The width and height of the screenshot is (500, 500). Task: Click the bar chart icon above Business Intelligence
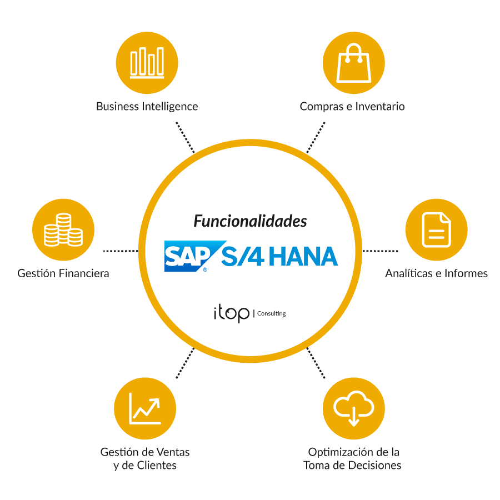pyautogui.click(x=147, y=62)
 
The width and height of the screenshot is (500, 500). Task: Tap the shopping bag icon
pyautogui.click(x=354, y=63)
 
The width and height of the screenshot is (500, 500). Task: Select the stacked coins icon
pyautogui.click(x=63, y=229)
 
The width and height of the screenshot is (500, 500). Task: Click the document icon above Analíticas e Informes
pyautogui.click(x=436, y=229)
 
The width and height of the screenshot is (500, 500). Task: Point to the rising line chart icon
pyautogui.click(x=145, y=408)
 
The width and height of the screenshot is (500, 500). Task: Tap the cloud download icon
pyautogui.click(x=354, y=408)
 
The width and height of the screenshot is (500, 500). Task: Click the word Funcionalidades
pyautogui.click(x=251, y=221)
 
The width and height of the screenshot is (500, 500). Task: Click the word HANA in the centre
pyautogui.click(x=303, y=256)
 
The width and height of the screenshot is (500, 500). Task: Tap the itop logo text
pyautogui.click(x=232, y=313)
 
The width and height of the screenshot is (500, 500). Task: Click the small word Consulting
pyautogui.click(x=271, y=313)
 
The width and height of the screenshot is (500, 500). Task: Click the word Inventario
pyautogui.click(x=380, y=106)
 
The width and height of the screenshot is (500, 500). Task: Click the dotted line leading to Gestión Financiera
pyautogui.click(x=121, y=251)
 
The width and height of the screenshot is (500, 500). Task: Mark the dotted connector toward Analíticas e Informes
pyautogui.click(x=380, y=251)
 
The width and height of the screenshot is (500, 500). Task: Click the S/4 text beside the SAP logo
pyautogui.click(x=243, y=256)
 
